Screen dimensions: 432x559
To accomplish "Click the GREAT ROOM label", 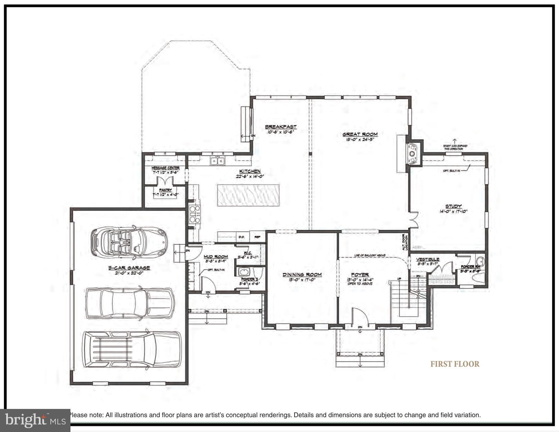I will click(x=360, y=134).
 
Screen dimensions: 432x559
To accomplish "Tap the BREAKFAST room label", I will click(x=281, y=127).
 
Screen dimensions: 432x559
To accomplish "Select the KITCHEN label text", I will click(x=250, y=171).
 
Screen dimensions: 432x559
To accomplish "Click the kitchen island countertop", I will click(x=248, y=195).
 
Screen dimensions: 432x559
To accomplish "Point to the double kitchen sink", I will click(x=217, y=161).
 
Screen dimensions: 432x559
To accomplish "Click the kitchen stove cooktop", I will click(x=195, y=214).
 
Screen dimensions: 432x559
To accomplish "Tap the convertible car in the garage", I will click(x=129, y=242).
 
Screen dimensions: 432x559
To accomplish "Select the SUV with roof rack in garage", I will click(x=132, y=350).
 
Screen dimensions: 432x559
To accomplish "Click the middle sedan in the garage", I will click(x=129, y=303).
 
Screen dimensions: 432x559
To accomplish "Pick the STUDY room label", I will click(x=453, y=206).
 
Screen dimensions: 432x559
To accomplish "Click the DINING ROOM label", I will click(x=302, y=274).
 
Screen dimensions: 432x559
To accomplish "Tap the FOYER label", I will click(x=360, y=274).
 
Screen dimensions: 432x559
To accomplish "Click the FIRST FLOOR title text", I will click(x=454, y=364).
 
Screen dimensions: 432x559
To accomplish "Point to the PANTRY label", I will click(x=165, y=190).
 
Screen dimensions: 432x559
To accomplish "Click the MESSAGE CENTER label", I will click(x=165, y=168).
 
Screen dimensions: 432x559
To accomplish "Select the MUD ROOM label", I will click(x=216, y=256).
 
